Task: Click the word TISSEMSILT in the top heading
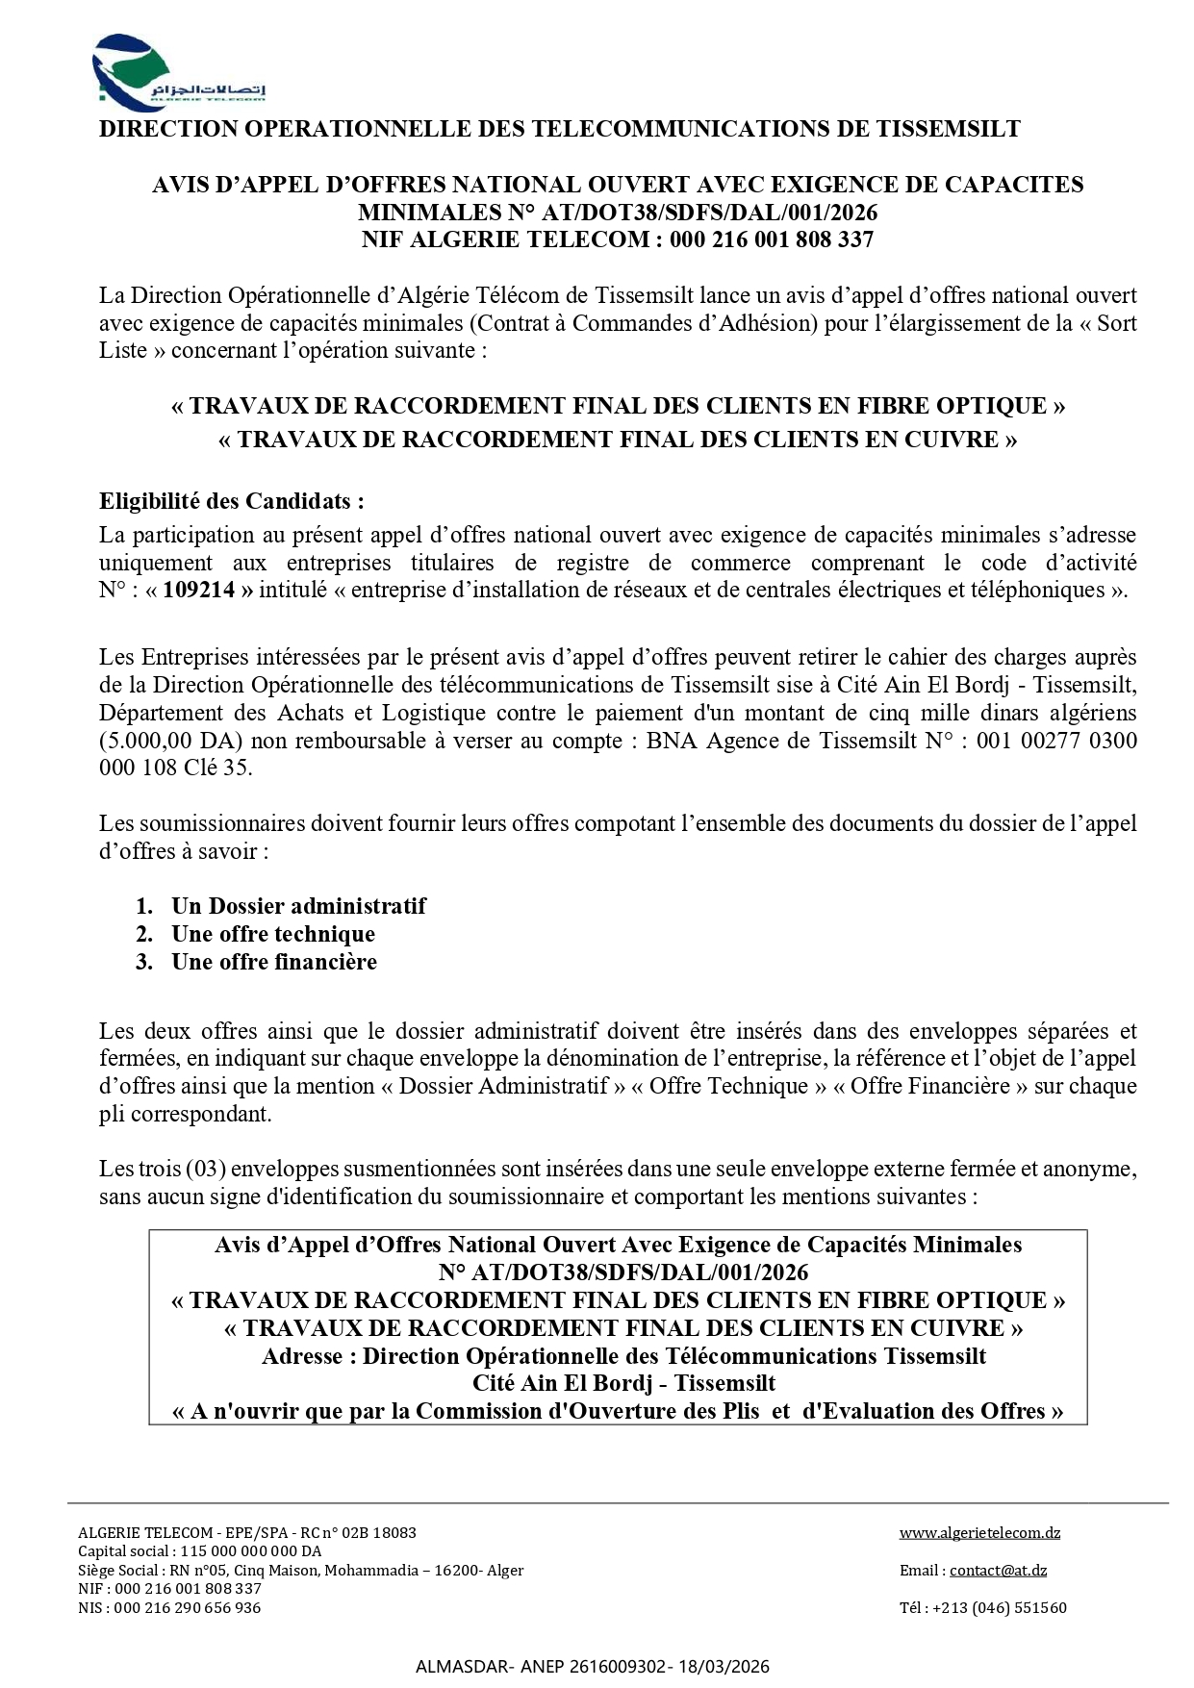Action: (x=948, y=129)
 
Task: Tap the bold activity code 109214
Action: (x=199, y=591)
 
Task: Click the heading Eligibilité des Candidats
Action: (x=232, y=501)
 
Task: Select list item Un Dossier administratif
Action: (x=298, y=906)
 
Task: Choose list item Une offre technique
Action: (x=273, y=934)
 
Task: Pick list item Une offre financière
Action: (x=274, y=962)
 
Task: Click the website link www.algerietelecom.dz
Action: (x=979, y=1532)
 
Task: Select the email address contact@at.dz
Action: (x=998, y=1570)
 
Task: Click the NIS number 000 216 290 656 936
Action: (x=187, y=1607)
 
